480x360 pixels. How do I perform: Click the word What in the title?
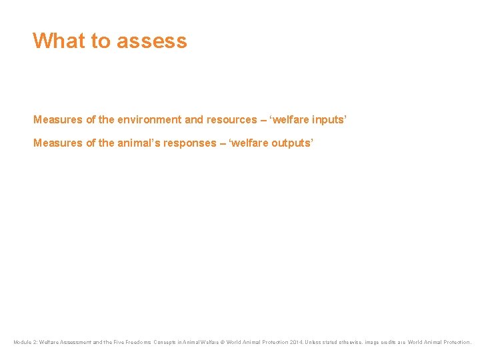tap(59, 41)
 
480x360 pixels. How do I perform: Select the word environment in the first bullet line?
tap(149, 120)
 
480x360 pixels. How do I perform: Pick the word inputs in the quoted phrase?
tap(327, 120)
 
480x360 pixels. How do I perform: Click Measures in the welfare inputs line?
tap(58, 120)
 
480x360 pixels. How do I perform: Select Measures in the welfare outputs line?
tap(58, 143)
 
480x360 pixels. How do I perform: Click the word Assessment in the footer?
tap(75, 343)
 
